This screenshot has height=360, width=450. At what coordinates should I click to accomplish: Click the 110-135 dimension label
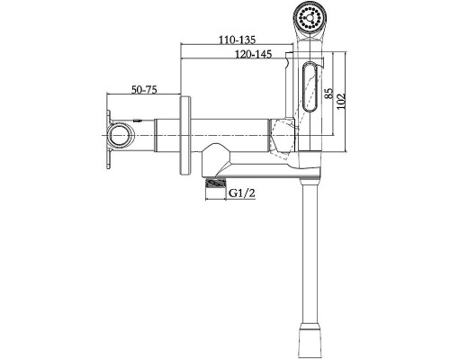[237, 40]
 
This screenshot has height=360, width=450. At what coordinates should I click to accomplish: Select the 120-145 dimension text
[254, 54]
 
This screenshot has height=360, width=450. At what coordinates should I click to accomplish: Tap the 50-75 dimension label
[144, 89]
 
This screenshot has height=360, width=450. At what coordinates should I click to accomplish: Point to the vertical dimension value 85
[329, 94]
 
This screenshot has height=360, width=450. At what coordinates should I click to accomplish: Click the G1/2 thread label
[242, 193]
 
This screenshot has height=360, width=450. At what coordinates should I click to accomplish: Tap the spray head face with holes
[309, 17]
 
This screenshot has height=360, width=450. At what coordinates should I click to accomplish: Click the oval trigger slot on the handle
[310, 86]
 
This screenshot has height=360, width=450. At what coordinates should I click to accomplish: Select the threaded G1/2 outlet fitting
[215, 183]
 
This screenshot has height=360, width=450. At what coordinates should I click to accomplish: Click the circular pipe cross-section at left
[121, 136]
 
